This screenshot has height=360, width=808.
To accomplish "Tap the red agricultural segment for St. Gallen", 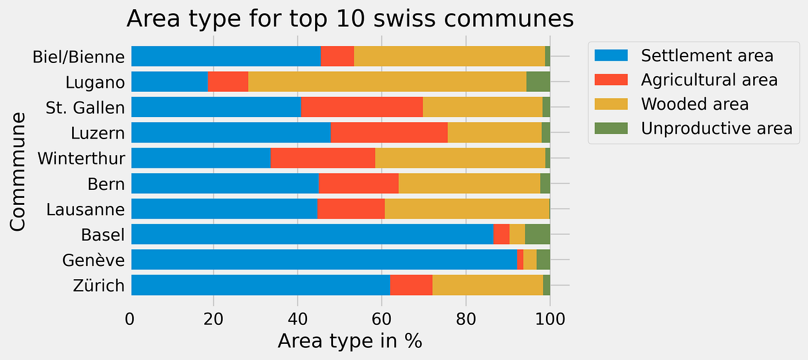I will coord(361,107).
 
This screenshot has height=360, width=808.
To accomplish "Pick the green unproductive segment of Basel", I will coord(537,234).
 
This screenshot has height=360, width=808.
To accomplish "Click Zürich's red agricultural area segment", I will coord(411,285).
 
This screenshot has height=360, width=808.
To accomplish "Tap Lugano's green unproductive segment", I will coord(538,82).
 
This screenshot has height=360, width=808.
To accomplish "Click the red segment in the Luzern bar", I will coord(389,133).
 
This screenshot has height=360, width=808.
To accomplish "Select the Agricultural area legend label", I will coord(709,80).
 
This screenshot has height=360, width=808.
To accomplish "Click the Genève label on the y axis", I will coord(93,260).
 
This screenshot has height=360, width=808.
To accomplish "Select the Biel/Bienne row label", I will coord(78,57).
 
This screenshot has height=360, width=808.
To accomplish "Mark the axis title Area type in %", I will coord(350,341).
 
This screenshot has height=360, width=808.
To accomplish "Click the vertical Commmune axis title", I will coord(18,171).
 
